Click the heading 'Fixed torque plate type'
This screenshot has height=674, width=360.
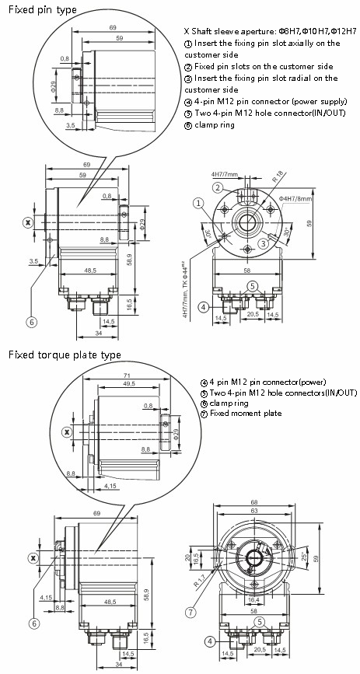point(65,354)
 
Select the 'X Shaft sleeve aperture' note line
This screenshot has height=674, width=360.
point(268,31)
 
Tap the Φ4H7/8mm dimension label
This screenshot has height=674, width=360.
point(296,198)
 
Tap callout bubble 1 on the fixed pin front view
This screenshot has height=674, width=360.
point(199,204)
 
